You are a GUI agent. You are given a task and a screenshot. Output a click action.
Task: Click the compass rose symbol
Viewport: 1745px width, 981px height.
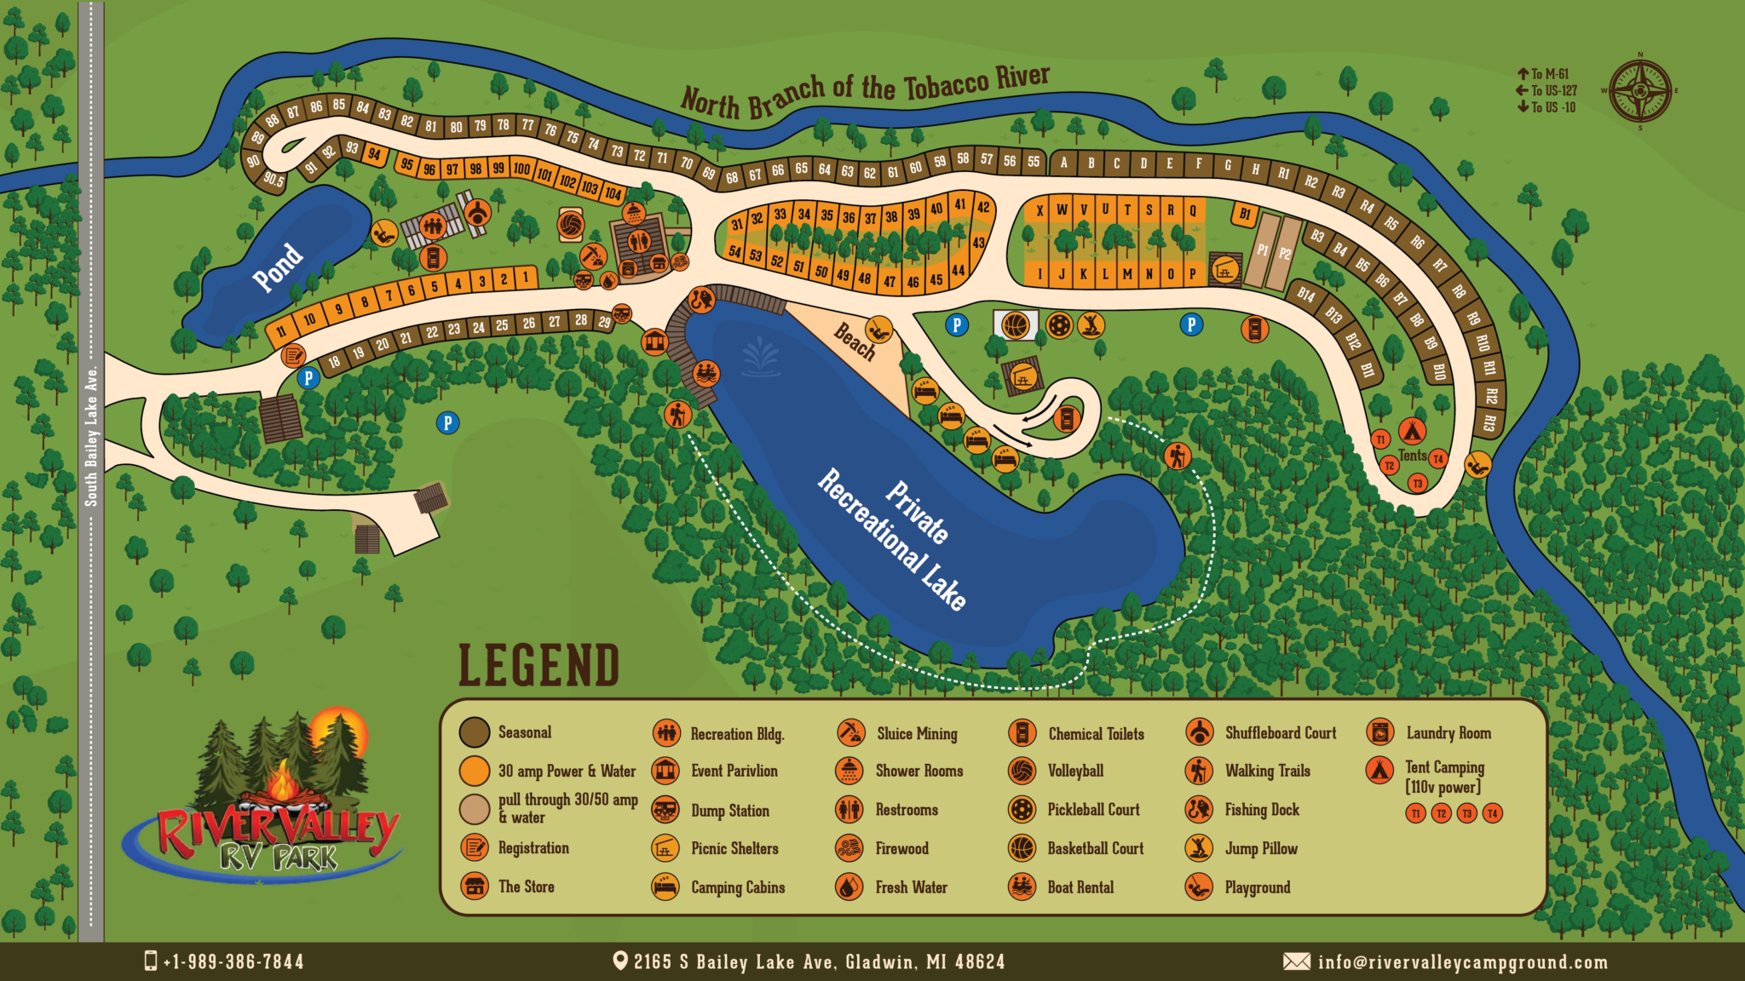point(1639,91)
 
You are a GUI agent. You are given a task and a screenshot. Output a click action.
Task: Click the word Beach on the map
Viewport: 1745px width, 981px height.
point(855,341)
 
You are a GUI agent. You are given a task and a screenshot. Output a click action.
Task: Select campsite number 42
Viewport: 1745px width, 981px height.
point(983,207)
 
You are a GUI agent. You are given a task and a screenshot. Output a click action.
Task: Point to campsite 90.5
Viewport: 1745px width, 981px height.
point(273,179)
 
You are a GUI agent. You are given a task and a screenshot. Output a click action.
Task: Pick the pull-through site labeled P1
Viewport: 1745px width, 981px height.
point(1262,250)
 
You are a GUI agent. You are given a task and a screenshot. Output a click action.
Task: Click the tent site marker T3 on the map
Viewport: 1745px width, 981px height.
point(1418,484)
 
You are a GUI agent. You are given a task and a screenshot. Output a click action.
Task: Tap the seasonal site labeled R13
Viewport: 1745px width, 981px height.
point(1489,422)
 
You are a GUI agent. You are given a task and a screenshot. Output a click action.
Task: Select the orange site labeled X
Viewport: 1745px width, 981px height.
point(1040,210)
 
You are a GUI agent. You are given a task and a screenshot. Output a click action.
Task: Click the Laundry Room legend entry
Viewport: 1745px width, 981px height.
point(1448,732)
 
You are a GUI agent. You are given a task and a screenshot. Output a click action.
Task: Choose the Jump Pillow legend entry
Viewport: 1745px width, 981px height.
point(1260,848)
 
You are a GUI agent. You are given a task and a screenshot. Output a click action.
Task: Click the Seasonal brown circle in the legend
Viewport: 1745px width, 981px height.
point(475,731)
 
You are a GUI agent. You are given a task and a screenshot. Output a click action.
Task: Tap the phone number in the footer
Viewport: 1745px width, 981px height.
point(233,962)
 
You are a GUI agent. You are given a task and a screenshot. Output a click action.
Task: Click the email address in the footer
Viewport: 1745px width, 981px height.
point(1462,962)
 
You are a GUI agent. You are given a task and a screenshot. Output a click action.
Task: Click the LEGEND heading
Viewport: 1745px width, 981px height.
point(538,666)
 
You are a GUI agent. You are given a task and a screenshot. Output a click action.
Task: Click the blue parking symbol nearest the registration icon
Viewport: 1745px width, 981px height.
point(308,378)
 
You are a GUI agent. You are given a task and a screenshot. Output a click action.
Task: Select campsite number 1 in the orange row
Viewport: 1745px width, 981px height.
point(527,276)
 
